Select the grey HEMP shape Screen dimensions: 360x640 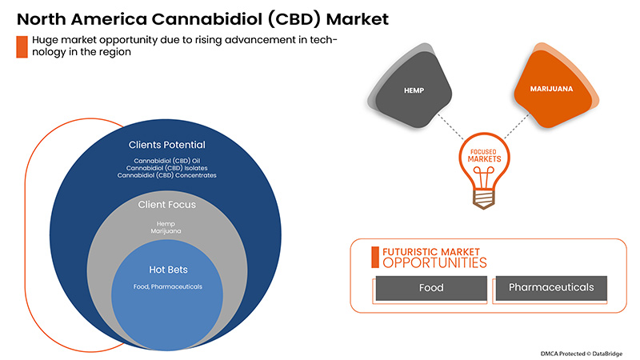pyautogui.click(x=413, y=93)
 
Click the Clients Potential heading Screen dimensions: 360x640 pyautogui.click(x=167, y=146)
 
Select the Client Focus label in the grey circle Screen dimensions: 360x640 pyautogui.click(x=167, y=206)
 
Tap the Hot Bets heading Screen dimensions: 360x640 pyautogui.click(x=167, y=269)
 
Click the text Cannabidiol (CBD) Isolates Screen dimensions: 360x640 pyautogui.click(x=167, y=168)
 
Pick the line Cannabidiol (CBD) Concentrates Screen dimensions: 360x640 pyautogui.click(x=167, y=175)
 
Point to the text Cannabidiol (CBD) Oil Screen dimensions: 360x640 pyautogui.click(x=167, y=161)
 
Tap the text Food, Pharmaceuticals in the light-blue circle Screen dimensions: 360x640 pyautogui.click(x=167, y=286)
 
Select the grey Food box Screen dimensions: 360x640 pyautogui.click(x=431, y=288)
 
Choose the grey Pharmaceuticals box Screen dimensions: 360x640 pyautogui.click(x=551, y=288)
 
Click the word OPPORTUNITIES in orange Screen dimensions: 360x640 pyautogui.click(x=433, y=262)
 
